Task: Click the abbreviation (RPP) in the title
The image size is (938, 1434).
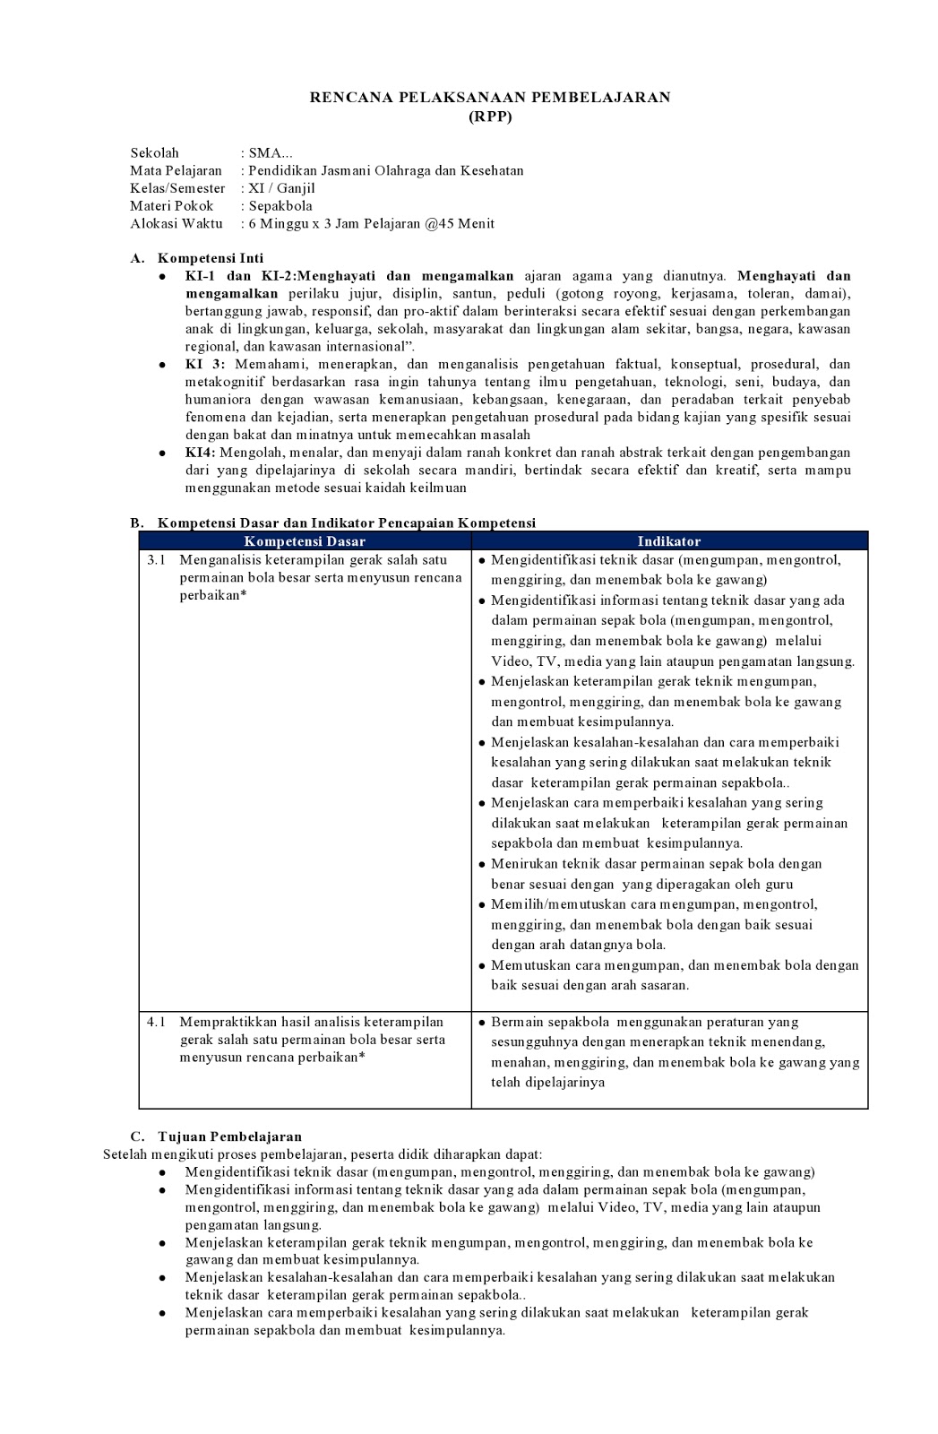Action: click(490, 116)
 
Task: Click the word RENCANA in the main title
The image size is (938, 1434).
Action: click(345, 97)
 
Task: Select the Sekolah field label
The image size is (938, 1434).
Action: click(154, 153)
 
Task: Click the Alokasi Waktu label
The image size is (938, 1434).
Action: click(176, 223)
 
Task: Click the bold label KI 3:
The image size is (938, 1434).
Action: click(205, 364)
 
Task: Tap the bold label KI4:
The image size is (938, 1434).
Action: click(201, 453)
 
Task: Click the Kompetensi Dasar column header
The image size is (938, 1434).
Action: click(305, 541)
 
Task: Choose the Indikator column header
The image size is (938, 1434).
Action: click(668, 541)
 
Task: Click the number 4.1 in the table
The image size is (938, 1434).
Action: click(157, 1022)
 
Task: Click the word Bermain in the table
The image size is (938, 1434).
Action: click(517, 1022)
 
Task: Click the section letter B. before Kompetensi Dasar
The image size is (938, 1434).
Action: click(137, 523)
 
